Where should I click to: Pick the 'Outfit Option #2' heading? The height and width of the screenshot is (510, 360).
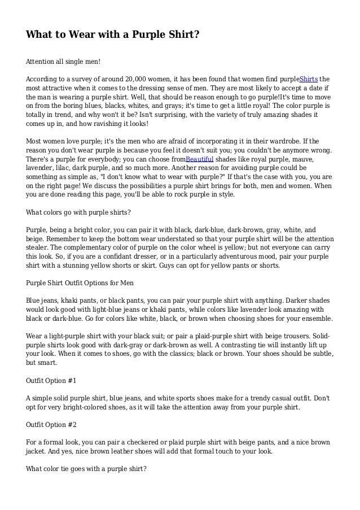point(54,422)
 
